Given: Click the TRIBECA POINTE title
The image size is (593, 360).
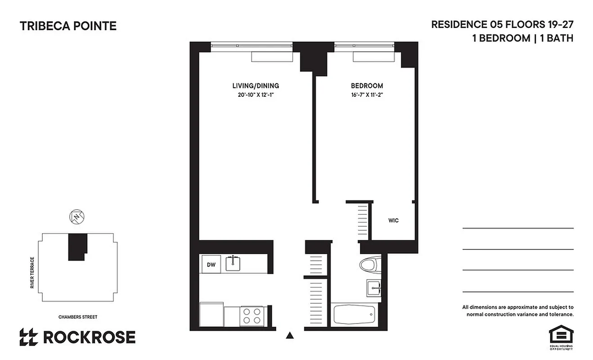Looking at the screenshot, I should (x=68, y=26).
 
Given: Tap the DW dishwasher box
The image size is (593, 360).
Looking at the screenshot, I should (x=211, y=264).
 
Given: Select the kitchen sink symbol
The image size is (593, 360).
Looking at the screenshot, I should (x=233, y=263).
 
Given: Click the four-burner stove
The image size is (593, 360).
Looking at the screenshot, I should (x=252, y=315).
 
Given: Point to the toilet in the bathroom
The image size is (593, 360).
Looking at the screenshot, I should (x=371, y=265).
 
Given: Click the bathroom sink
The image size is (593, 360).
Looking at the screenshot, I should (x=373, y=287).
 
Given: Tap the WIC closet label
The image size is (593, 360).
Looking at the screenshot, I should (x=393, y=220).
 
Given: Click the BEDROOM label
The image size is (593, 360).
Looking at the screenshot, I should (x=367, y=85).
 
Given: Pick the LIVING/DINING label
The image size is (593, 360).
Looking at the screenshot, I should (x=256, y=85).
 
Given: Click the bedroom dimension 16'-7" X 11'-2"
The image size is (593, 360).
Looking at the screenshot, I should (x=367, y=94).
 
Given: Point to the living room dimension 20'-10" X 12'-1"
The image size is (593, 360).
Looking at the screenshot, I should (x=256, y=94).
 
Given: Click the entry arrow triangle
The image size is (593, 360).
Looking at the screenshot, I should (x=290, y=335).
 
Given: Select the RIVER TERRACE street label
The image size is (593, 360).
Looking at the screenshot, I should (x=32, y=273).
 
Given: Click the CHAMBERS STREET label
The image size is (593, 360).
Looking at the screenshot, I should (x=78, y=317).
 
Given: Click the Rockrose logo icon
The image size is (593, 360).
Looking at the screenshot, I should (x=28, y=337).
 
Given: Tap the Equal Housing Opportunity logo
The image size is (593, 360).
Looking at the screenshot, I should (x=561, y=337).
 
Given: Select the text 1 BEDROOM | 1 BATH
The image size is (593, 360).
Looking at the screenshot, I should (x=522, y=38).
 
